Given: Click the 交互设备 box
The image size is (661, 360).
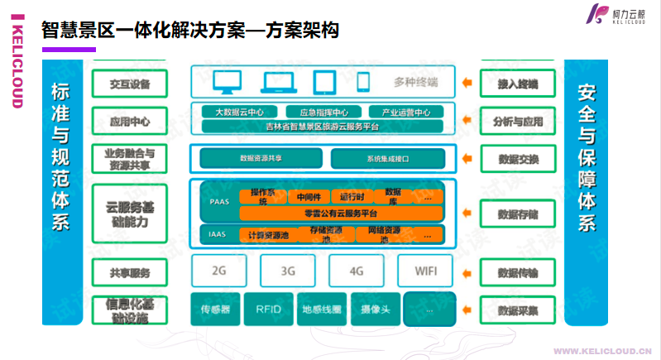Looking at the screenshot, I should (129, 83).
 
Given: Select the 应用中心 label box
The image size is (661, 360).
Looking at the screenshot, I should (129, 122).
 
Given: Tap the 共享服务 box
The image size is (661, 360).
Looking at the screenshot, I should (129, 272).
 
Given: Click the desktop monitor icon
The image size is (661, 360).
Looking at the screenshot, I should (226, 82).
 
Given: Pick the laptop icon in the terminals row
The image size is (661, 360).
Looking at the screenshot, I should (278, 82).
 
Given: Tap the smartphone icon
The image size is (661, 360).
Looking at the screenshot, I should (363, 82).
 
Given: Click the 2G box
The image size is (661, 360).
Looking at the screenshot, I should (219, 270).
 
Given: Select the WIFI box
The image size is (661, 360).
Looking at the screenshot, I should (424, 270).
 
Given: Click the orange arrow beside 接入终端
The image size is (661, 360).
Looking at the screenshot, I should (469, 83).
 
